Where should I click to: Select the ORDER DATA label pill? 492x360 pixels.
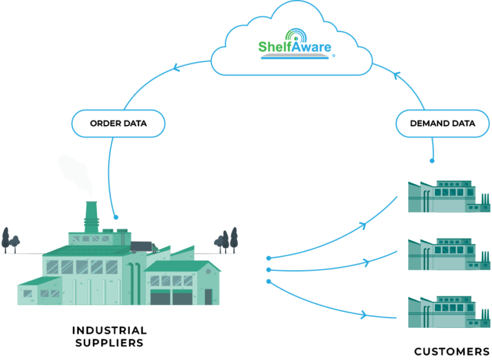(x=119, y=123)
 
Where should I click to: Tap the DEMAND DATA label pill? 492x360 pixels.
(x=442, y=123)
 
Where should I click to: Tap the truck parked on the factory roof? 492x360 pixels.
(x=143, y=247)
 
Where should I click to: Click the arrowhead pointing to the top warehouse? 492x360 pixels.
(x=365, y=224)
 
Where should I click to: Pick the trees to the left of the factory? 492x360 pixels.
(x=10, y=240)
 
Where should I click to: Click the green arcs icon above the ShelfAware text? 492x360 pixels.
(x=295, y=33)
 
